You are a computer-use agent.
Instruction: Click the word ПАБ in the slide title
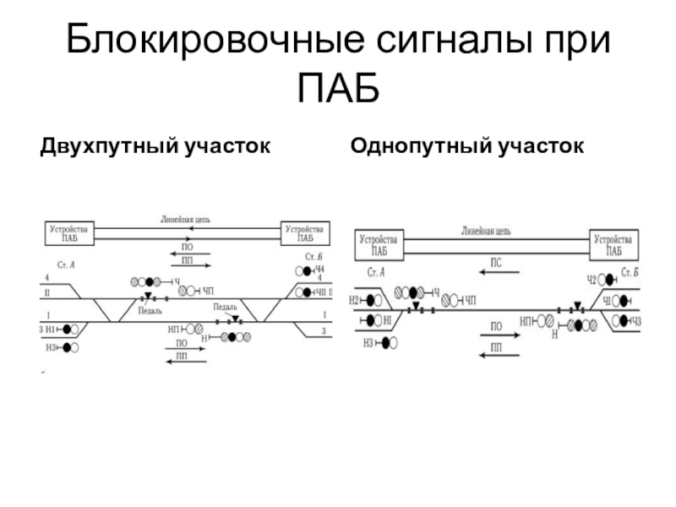337,87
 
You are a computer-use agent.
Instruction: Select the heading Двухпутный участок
155,147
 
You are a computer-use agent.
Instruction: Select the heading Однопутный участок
467,147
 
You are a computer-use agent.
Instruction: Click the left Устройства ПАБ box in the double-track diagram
71,233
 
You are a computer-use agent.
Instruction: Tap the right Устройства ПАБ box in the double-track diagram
305,233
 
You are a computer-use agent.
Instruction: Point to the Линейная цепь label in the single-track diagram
486,229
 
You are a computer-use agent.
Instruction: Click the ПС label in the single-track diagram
497,264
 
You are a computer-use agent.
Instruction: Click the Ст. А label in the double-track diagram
65,264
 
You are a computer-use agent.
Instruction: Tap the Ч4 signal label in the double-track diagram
319,270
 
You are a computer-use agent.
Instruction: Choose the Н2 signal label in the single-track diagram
354,299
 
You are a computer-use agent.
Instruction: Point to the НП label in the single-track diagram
526,321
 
